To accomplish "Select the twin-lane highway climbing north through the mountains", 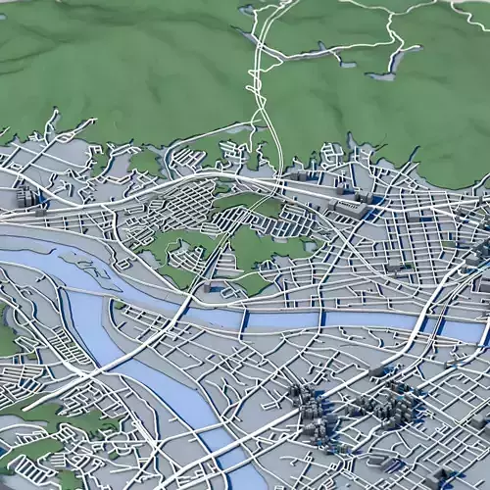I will (x=263, y=98).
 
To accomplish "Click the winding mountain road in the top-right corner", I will (x=392, y=39).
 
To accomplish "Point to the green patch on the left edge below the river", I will (x=8, y=338).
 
